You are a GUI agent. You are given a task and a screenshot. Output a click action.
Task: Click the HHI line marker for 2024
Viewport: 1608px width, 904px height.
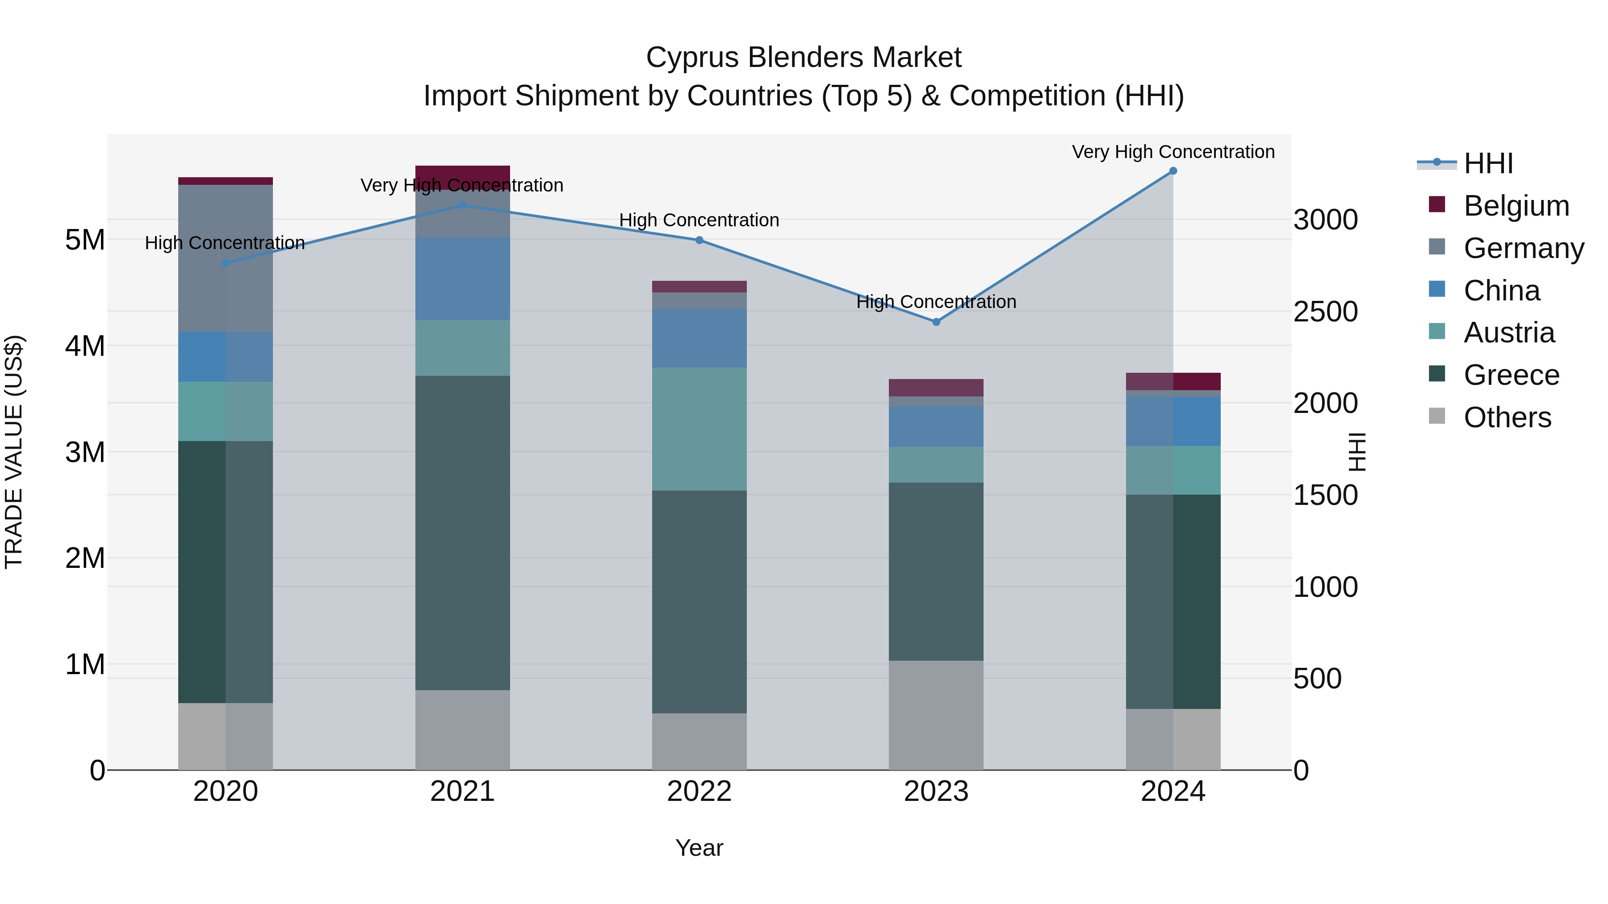(1173, 171)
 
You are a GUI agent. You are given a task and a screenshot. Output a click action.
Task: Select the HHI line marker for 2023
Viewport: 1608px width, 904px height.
(936, 322)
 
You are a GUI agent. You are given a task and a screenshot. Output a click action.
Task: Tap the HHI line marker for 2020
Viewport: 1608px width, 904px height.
(226, 263)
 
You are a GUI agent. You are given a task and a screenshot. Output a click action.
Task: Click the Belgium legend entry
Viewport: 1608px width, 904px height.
(1516, 206)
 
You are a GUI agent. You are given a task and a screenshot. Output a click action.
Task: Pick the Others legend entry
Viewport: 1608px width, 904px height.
(1507, 417)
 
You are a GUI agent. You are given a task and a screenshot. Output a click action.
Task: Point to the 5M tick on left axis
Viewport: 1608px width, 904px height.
(85, 240)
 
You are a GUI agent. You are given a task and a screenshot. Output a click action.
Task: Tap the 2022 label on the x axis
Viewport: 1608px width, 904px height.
(699, 792)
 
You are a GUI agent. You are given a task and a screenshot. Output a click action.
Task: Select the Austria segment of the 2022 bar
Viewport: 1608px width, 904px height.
(699, 429)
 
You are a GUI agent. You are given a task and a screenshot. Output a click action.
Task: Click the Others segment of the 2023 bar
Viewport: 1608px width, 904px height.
(936, 715)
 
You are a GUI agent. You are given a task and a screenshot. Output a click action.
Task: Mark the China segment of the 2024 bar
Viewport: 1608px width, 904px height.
(1173, 421)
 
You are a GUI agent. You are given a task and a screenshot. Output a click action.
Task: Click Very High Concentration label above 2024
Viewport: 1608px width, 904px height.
(1173, 152)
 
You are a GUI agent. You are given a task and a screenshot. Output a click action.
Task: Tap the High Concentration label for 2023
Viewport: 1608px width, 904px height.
(936, 302)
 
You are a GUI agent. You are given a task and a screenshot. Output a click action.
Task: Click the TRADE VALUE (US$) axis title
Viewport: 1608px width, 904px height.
(14, 452)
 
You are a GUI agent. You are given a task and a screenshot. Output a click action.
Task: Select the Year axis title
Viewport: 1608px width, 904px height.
(699, 848)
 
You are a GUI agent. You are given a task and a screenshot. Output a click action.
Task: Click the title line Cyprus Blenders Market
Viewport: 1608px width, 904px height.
(804, 58)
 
